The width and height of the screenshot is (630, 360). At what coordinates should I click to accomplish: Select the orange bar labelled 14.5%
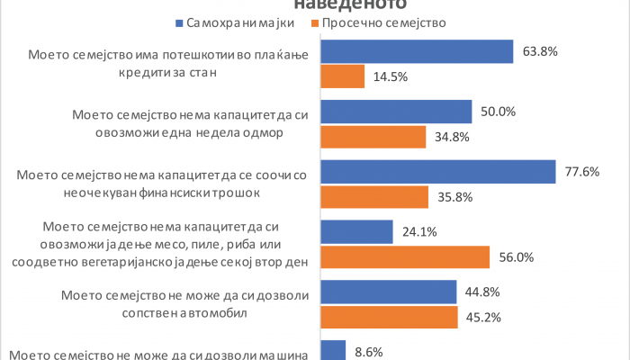click(343, 76)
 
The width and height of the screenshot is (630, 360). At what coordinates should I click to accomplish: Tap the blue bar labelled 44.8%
click(389, 292)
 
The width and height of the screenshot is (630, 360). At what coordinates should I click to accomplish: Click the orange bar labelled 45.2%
click(390, 316)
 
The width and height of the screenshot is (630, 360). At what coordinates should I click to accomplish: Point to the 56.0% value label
click(517, 256)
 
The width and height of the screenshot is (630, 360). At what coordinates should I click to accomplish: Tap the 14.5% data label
click(391, 77)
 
